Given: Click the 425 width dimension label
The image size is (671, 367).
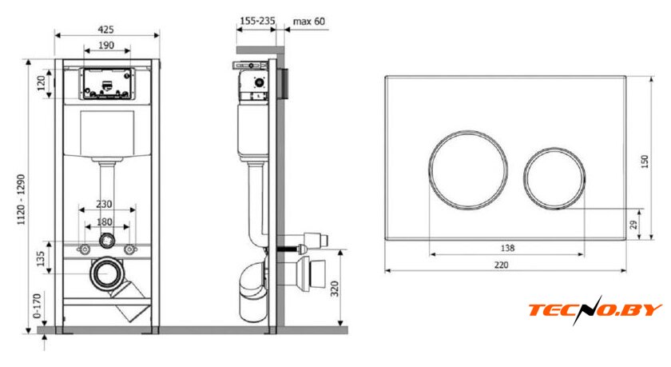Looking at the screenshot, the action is (105, 29).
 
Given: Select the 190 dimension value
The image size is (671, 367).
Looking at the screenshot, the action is (106, 45).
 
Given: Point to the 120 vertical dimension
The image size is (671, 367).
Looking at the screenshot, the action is (42, 83).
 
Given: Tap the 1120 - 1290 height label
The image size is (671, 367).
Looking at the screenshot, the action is (21, 200).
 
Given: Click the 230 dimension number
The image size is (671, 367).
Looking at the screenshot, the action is (104, 204).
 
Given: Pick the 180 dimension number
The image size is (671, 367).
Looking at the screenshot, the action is (105, 221).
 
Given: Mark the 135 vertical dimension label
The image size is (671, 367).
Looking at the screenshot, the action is (41, 258).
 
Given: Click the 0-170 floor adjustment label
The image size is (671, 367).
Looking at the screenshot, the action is (38, 305).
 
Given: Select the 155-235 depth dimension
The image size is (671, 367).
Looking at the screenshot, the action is (257, 21).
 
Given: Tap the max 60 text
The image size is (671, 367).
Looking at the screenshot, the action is (309, 21).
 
